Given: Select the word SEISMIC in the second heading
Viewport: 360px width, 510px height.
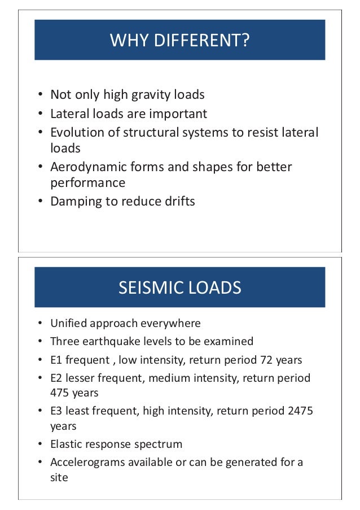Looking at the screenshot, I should click(147, 288).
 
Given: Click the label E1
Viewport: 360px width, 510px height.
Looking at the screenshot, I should click(57, 360).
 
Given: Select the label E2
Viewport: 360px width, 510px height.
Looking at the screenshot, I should click(57, 378).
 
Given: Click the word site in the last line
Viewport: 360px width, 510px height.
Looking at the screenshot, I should click(59, 477).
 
